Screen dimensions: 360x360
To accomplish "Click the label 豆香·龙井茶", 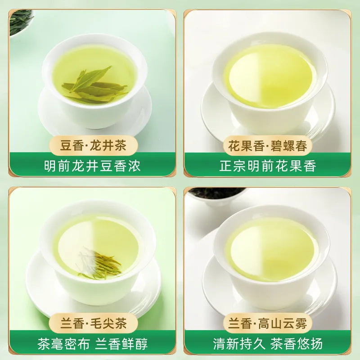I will (x=94, y=145).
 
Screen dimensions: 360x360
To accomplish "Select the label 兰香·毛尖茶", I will (x=94, y=322).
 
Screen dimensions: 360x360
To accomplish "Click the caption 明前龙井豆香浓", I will (x=93, y=166).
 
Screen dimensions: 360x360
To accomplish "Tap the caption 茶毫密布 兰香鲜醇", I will (x=93, y=344).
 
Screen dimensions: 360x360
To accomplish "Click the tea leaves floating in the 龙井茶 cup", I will (x=94, y=85).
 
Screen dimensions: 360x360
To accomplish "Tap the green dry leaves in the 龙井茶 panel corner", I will (x=20, y=20).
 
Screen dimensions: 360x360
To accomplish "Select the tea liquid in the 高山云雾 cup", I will (x=270, y=247).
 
